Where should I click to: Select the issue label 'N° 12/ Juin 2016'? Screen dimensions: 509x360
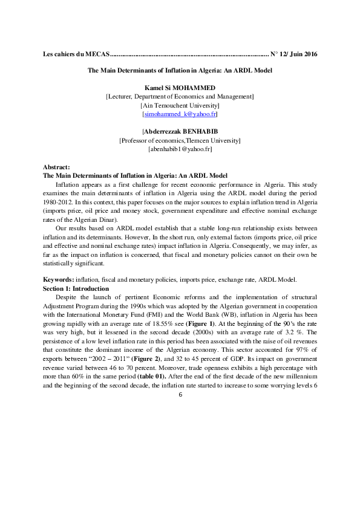point(294,54)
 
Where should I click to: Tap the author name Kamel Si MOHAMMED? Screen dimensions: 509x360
point(180,88)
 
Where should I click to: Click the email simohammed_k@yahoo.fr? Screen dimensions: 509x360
point(180,114)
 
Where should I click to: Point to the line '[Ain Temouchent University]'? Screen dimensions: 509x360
point(180,105)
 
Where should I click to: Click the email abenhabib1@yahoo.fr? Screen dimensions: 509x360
point(180,149)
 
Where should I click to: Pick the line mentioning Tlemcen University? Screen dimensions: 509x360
point(180,140)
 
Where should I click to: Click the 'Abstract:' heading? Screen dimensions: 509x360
point(57,166)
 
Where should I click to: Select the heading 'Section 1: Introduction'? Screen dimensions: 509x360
point(76,288)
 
